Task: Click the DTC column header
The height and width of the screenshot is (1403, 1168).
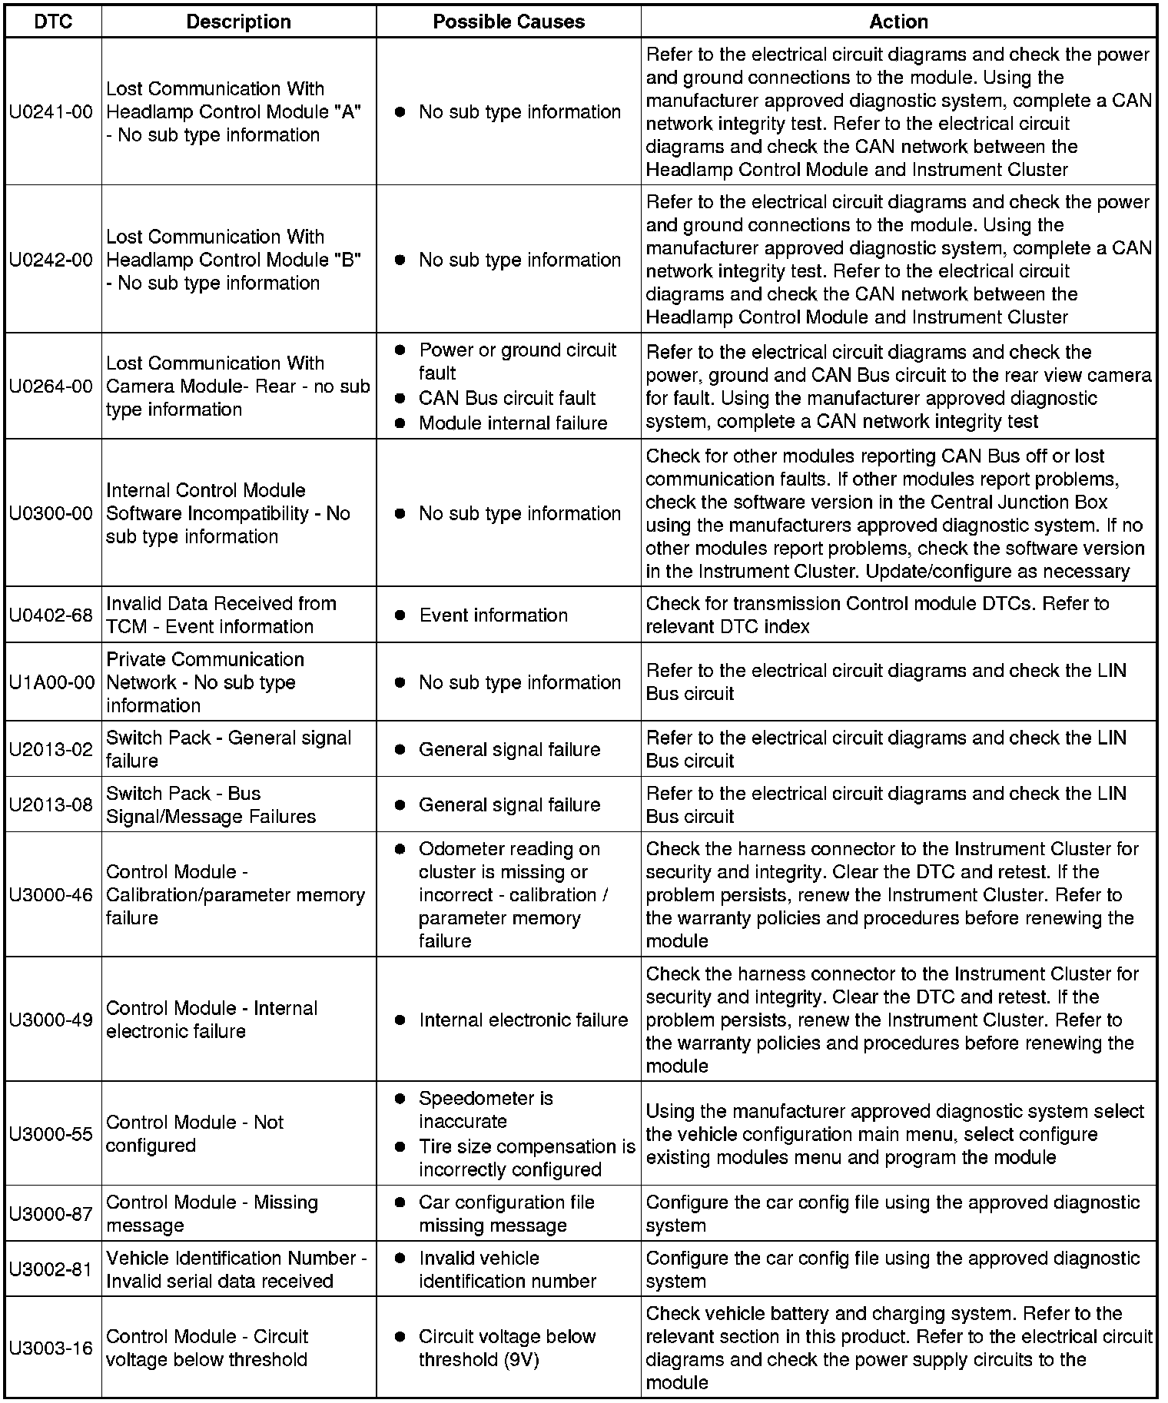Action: point(53,22)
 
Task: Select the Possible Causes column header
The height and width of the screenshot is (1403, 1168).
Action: point(509,22)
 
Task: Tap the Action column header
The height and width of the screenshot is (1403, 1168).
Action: point(898,22)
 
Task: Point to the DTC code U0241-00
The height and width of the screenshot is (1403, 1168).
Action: point(51,112)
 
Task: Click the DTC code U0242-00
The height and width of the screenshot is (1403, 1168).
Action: point(51,260)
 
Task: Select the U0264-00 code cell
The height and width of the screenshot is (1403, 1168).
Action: point(51,386)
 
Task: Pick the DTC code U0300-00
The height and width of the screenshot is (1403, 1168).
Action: point(51,513)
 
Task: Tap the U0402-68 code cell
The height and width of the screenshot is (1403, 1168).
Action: point(51,615)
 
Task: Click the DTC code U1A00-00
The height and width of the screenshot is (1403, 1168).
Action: point(51,682)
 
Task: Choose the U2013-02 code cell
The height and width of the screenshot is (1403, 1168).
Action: point(51,749)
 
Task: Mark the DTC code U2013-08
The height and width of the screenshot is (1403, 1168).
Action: point(51,804)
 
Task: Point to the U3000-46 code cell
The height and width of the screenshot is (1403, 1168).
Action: point(51,895)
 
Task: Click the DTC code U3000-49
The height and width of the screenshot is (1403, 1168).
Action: point(51,1020)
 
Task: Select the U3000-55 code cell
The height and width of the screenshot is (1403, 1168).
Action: point(51,1134)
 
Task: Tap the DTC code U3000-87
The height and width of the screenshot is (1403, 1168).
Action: point(51,1214)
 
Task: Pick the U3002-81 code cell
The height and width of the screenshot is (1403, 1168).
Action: point(51,1269)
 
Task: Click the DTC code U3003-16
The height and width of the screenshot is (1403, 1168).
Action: point(51,1348)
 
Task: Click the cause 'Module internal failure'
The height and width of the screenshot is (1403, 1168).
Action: point(513,423)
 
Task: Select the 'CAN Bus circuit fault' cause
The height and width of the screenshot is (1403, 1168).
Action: point(507,398)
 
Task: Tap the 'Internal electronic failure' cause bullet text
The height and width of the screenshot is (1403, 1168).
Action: point(523,1020)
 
